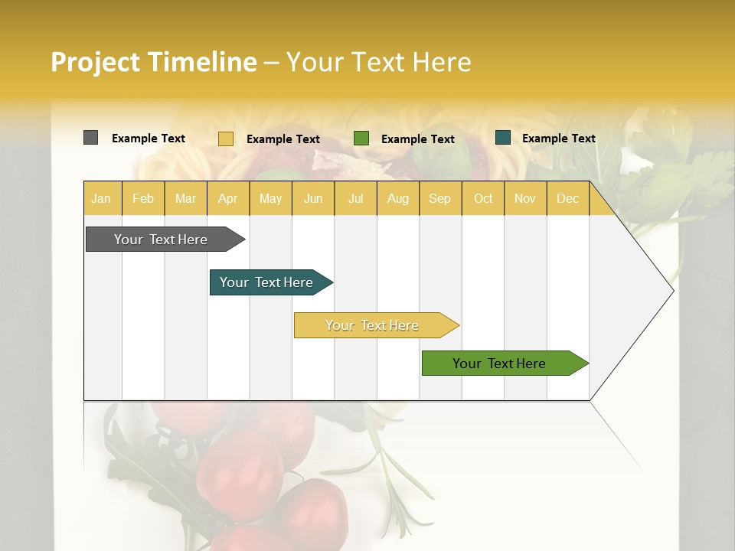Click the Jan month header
tap(101, 198)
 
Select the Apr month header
tap(227, 198)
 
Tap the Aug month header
tap(397, 198)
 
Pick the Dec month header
tap(567, 198)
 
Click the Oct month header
tap(483, 198)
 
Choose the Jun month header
tap(313, 198)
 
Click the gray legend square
tap(90, 138)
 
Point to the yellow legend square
tap(225, 139)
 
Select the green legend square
tap(361, 138)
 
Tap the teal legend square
tap(503, 138)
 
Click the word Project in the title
tap(95, 62)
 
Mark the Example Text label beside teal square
tap(558, 139)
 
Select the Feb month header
tap(143, 198)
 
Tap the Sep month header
tap(439, 198)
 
